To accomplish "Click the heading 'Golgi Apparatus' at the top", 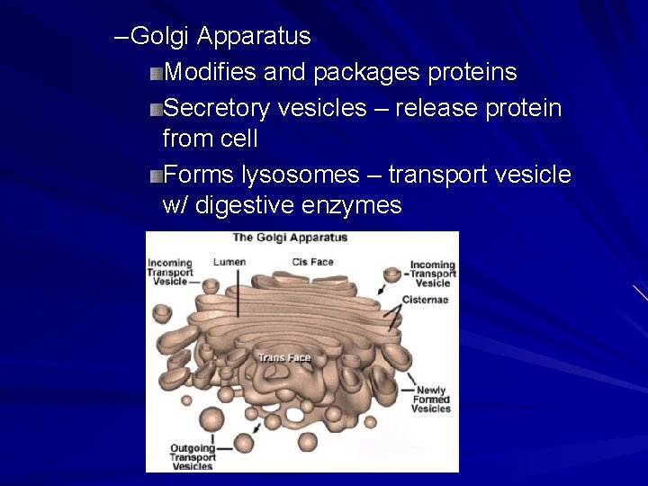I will (220, 37).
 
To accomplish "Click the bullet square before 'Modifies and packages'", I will (157, 73).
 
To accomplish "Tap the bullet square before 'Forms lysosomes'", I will (157, 175).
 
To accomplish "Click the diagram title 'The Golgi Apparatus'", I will (290, 238).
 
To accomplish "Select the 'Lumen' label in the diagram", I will (229, 262).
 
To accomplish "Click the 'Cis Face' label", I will (312, 262).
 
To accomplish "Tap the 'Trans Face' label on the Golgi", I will (283, 358).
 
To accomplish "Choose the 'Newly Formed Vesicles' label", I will (431, 400).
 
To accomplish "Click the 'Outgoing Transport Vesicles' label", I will (193, 457).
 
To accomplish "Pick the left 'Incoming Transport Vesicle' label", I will (170, 271).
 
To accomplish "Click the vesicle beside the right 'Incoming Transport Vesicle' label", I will (392, 274).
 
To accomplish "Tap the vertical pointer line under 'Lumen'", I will (238, 292).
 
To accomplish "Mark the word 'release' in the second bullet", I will (427, 108).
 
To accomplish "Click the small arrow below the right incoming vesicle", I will (384, 292).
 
